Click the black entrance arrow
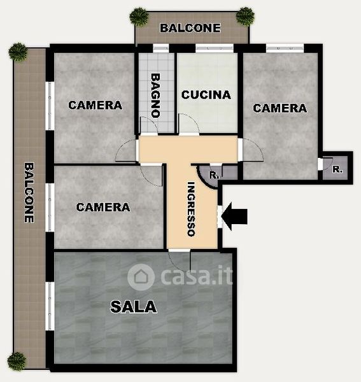[234, 216]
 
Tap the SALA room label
[134, 306]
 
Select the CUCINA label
[206, 95]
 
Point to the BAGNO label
[155, 95]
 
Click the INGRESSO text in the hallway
[192, 209]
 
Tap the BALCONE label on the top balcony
[190, 28]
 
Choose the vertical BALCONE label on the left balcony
[29, 193]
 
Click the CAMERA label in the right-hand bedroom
[280, 108]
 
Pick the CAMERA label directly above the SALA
[103, 208]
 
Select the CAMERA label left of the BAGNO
[96, 105]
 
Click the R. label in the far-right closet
[337, 169]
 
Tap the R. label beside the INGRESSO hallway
[214, 175]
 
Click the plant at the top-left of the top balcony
[139, 17]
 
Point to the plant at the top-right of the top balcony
[245, 16]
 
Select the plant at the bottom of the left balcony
[17, 361]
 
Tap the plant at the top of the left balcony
[18, 52]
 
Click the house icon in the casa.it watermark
[141, 277]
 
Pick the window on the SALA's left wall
[50, 306]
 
